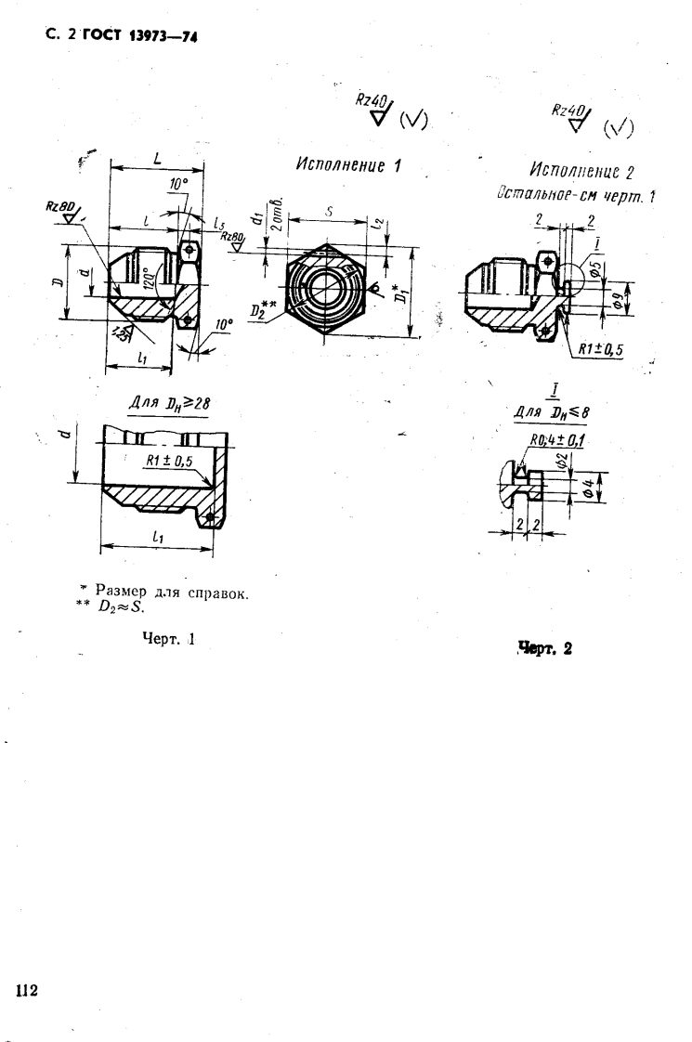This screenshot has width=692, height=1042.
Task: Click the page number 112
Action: click(x=25, y=990)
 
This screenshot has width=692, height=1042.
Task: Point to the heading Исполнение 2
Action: click(x=581, y=172)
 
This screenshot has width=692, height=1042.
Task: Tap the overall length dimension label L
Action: click(x=157, y=160)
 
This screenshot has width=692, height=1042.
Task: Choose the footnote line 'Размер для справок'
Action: click(x=168, y=595)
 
